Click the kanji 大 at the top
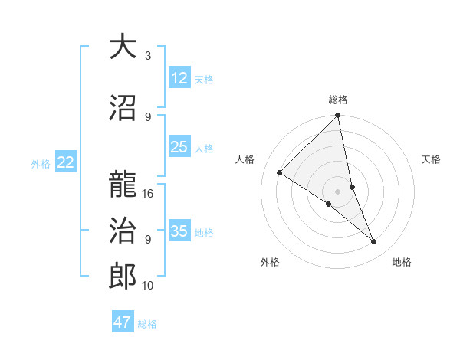123,47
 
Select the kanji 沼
123,108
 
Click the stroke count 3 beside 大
148,56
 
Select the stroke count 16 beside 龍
149,193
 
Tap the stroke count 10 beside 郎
149,286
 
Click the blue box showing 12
179,78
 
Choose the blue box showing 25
179,147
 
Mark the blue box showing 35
179,231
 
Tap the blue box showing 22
66,162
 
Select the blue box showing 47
123,322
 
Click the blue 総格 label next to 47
147,324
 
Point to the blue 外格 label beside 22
41,163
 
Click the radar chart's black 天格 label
432,159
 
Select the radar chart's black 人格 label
245,159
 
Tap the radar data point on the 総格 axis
337,116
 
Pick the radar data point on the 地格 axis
374,241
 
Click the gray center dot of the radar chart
337,191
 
